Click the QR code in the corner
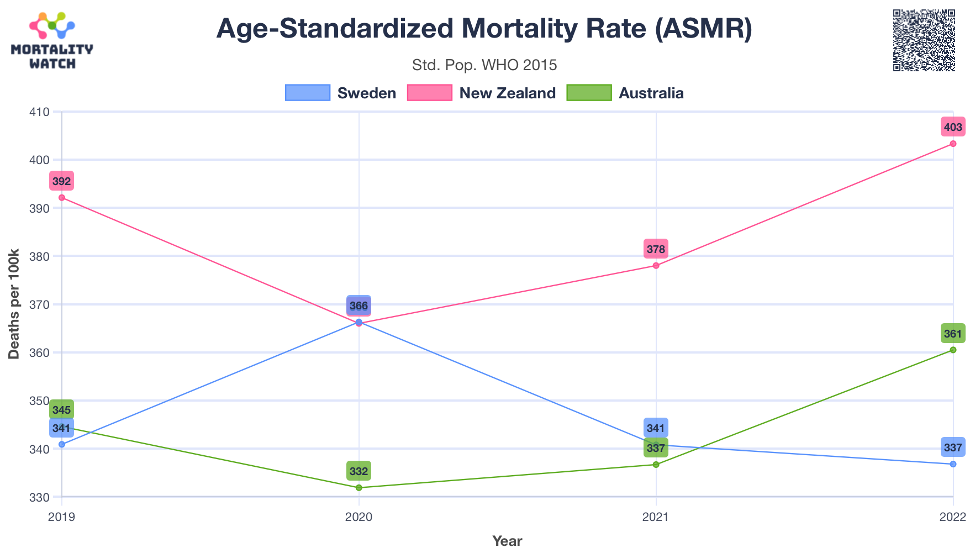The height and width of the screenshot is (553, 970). pyautogui.click(x=924, y=40)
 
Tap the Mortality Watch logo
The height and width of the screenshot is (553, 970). pyautogui.click(x=52, y=41)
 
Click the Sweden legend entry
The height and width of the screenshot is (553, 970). pyautogui.click(x=341, y=93)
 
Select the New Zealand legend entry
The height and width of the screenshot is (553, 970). pyautogui.click(x=481, y=93)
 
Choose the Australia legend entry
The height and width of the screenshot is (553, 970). pyautogui.click(x=625, y=93)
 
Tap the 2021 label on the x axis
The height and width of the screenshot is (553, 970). pyautogui.click(x=656, y=518)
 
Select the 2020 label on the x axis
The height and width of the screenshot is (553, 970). pyautogui.click(x=359, y=518)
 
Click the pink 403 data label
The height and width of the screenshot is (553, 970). pyautogui.click(x=953, y=128)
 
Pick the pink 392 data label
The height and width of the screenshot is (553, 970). pyautogui.click(x=61, y=181)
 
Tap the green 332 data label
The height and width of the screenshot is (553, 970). pyautogui.click(x=359, y=472)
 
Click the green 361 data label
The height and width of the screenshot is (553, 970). pyautogui.click(x=953, y=334)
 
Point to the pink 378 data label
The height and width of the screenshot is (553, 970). pyautogui.click(x=656, y=249)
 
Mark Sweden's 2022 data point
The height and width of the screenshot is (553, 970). pyautogui.click(x=953, y=464)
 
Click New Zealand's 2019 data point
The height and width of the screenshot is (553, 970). pyautogui.click(x=62, y=198)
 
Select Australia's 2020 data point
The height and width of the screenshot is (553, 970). pyautogui.click(x=359, y=488)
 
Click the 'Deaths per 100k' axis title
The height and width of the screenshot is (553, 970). pyautogui.click(x=14, y=304)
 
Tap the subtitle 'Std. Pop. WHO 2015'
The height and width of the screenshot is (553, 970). pyautogui.click(x=484, y=65)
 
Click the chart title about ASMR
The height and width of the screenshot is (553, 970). pyautogui.click(x=484, y=29)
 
